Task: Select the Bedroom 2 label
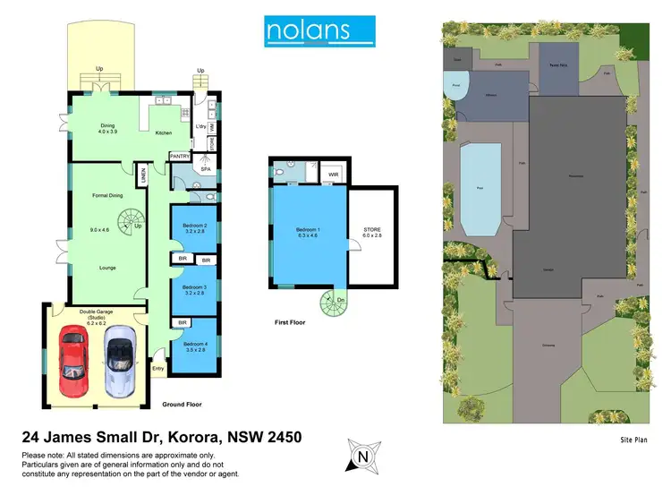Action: tap(195, 228)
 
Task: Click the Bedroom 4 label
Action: tap(195, 347)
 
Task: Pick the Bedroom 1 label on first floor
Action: tap(308, 233)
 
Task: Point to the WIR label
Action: tap(333, 175)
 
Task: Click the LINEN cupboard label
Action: tap(141, 176)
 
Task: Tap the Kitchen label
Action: tap(164, 133)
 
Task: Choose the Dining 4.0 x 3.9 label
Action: tap(107, 129)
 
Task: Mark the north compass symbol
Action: tap(362, 457)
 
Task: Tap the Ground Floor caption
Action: tap(182, 405)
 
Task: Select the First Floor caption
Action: tap(288, 321)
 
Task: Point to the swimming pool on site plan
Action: tap(480, 189)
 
